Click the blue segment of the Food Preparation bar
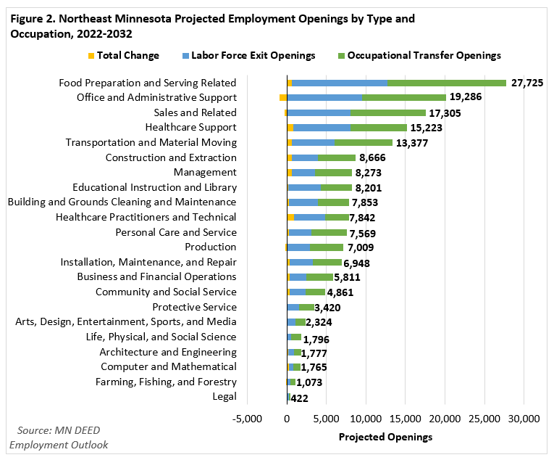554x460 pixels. pos(340,83)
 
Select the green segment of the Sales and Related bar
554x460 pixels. pos(387,112)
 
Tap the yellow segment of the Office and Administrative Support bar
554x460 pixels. pos(283,97)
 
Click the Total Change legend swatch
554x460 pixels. pos(91,55)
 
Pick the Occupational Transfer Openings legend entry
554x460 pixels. pos(424,55)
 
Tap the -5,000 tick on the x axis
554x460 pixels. pos(248,419)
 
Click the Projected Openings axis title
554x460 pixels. pos(385,437)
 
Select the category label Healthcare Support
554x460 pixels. pos(192,128)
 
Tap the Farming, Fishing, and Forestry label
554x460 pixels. pos(166,382)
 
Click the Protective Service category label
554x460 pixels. pos(194,307)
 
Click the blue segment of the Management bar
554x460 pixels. pos(304,173)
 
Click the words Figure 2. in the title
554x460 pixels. pos(32,19)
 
